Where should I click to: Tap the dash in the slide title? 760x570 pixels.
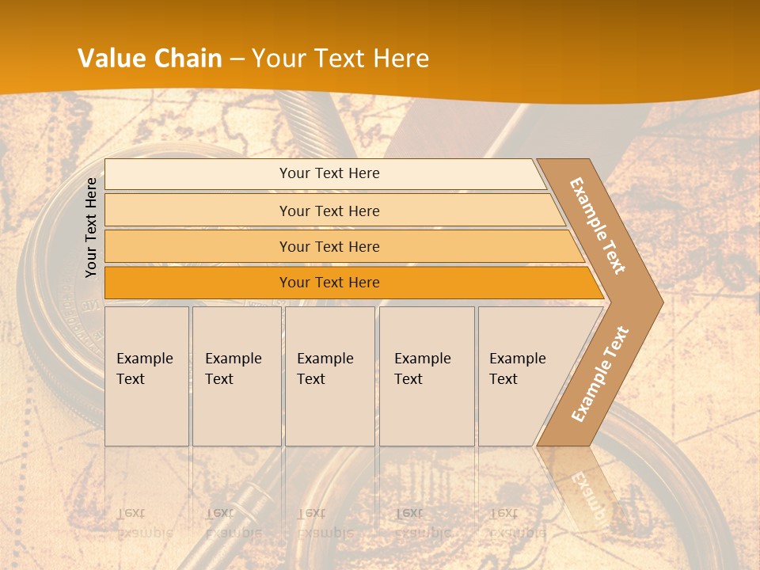coord(237,59)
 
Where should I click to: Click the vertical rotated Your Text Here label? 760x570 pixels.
coord(91,228)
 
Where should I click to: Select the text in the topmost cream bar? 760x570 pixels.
coord(329,173)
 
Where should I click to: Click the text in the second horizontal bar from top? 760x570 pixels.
coord(329,211)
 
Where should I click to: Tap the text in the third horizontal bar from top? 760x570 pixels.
coord(329,247)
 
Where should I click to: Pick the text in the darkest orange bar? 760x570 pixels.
coord(329,283)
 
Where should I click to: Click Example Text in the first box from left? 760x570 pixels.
coord(144,369)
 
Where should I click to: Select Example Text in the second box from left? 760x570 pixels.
coord(233,369)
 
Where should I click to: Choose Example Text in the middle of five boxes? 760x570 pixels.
coord(325,369)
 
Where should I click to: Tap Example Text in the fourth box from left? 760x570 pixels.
coord(422,369)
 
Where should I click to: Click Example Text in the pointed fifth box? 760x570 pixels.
coord(517,369)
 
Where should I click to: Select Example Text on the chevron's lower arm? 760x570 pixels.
coord(600,374)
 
